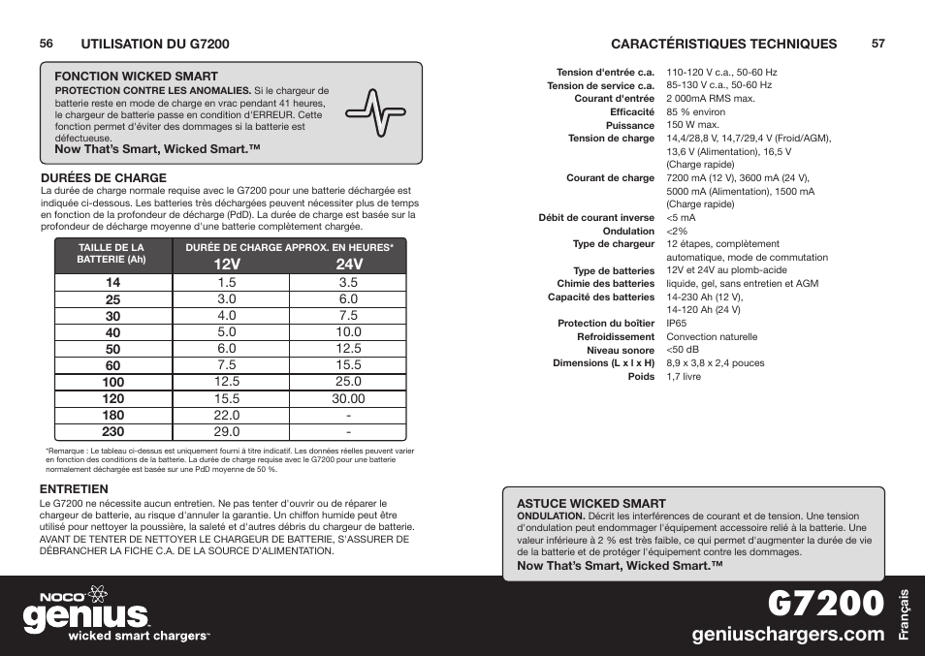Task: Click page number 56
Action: [46, 44]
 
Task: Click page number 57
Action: [878, 44]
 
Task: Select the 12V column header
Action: [227, 265]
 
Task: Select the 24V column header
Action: [349, 265]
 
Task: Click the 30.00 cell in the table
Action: [348, 398]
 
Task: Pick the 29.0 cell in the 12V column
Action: [227, 431]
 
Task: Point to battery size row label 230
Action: [113, 432]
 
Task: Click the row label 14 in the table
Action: [113, 282]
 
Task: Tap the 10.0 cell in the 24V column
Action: [348, 331]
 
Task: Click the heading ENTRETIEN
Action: [73, 489]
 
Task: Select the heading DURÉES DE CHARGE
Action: [103, 178]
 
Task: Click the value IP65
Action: [676, 324]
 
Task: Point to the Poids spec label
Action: [641, 377]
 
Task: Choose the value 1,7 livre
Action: [684, 377]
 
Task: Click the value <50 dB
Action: [683, 350]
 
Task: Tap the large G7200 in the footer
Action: [825, 602]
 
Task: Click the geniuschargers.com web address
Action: [789, 634]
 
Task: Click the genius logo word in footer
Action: [87, 616]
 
